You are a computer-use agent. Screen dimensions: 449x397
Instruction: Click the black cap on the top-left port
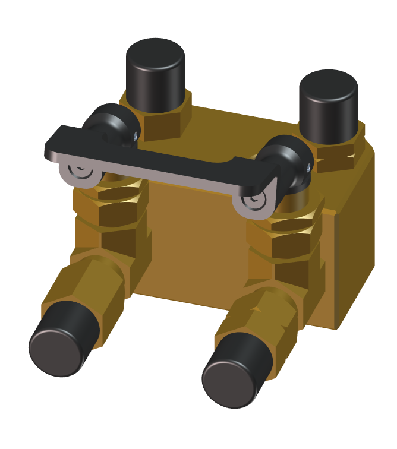(155, 74)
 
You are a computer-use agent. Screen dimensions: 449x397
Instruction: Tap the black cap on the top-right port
(327, 107)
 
